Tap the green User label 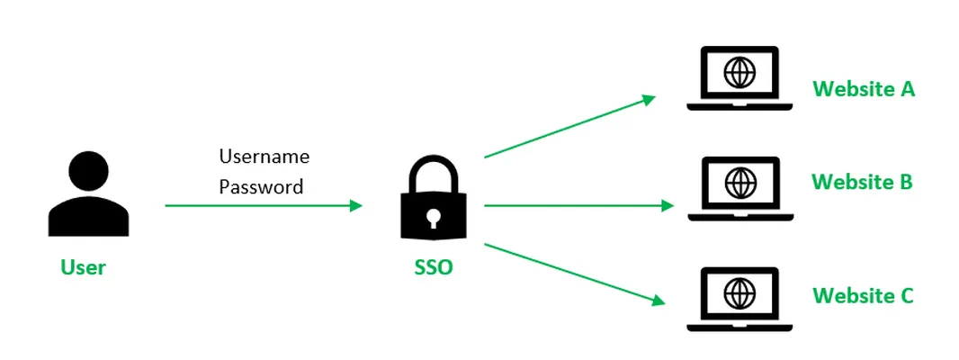83,267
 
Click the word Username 264,157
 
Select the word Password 262,187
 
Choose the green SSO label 434,267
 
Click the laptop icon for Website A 739,78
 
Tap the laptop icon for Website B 739,188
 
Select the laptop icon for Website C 739,299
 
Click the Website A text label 864,89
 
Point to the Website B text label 862,182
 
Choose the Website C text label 863,295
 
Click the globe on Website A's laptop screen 739,73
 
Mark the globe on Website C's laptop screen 739,292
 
